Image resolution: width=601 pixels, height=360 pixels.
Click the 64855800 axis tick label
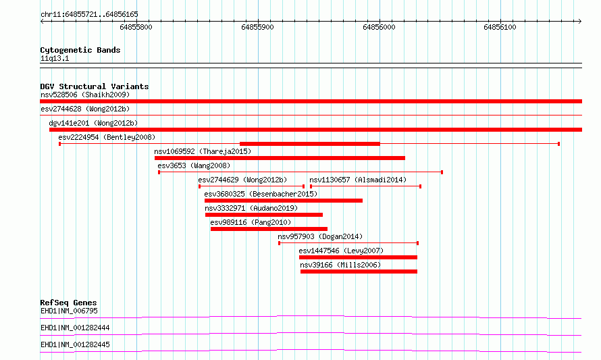click(136, 27)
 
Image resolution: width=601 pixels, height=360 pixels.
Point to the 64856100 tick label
click(500, 27)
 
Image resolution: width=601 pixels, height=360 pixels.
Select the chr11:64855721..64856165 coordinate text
click(89, 15)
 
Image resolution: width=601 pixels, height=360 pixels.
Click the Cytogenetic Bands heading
click(80, 50)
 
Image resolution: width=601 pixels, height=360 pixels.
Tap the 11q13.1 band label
click(55, 58)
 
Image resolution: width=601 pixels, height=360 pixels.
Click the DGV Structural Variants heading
click(95, 86)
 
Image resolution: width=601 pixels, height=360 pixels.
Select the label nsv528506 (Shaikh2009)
click(85, 95)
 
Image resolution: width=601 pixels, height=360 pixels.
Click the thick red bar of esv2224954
click(310, 144)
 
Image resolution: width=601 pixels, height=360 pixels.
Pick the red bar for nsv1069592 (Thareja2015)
click(280, 158)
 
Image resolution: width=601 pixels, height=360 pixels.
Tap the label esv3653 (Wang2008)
click(194, 165)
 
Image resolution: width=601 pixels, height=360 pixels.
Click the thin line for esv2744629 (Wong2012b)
click(252, 186)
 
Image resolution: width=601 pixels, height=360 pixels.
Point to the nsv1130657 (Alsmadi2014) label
click(358, 180)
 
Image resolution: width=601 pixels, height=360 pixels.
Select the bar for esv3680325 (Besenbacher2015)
click(284, 201)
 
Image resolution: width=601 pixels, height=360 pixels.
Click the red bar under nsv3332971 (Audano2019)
click(264, 215)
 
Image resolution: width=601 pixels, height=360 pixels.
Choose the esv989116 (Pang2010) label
click(251, 222)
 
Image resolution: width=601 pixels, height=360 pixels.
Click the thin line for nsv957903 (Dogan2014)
click(348, 243)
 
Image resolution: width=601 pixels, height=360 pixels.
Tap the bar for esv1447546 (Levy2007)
click(358, 257)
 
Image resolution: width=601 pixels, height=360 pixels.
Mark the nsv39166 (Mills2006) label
click(340, 265)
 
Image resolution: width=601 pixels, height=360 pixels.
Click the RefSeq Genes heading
click(68, 303)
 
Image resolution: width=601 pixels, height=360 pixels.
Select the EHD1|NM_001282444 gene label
click(75, 328)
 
